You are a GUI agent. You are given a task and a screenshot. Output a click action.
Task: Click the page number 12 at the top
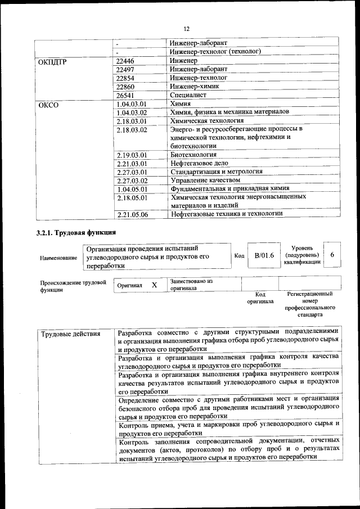coord(186,29)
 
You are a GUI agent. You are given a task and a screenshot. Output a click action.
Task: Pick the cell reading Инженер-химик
coord(195,87)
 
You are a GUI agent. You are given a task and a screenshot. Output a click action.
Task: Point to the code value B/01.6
coord(264,256)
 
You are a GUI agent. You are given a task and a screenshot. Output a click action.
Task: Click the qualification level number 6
coord(332,255)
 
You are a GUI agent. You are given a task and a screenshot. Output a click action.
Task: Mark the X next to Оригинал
coord(154,285)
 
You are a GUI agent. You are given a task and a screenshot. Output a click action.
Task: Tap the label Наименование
coord(58,258)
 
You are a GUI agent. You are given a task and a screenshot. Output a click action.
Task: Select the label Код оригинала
coord(259,298)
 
